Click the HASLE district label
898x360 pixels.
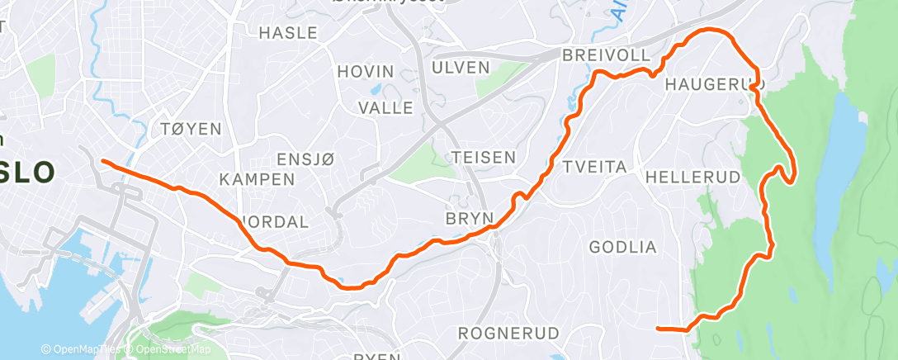tap(288, 33)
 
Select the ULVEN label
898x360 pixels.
tap(461, 67)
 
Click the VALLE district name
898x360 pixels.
tap(385, 107)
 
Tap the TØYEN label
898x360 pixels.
tap(192, 129)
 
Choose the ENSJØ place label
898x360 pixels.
tap(305, 159)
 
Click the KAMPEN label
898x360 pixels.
tap(258, 179)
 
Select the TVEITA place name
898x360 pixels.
tap(594, 167)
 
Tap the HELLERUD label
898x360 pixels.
tap(685, 178)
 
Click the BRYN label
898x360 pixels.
tap(469, 219)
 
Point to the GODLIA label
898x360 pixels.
tap(623, 247)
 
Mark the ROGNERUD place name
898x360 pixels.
tap(508, 334)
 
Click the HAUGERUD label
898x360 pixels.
tap(714, 84)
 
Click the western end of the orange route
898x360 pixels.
tap(102, 161)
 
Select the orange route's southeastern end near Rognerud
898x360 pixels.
tap(658, 329)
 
